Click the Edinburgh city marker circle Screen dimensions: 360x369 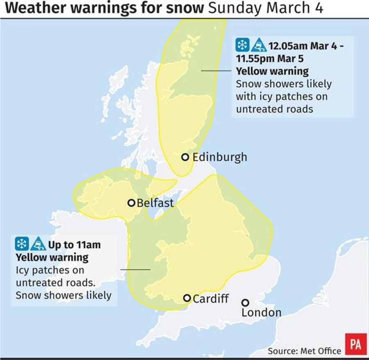point(185,157)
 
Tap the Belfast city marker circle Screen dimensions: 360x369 point(131,203)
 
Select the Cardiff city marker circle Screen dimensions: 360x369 point(187,298)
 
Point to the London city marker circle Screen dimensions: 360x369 point(245,303)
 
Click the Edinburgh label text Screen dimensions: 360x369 point(219,157)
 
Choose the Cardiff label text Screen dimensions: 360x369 point(211,299)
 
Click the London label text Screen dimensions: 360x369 point(261,313)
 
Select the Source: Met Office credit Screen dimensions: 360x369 point(304,351)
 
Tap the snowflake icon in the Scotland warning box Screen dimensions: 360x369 point(242,44)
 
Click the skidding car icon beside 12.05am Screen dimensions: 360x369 point(259,44)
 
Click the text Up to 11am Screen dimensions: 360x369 point(74,245)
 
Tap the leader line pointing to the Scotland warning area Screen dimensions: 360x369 point(216,70)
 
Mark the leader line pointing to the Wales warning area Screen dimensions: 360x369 point(135,269)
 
